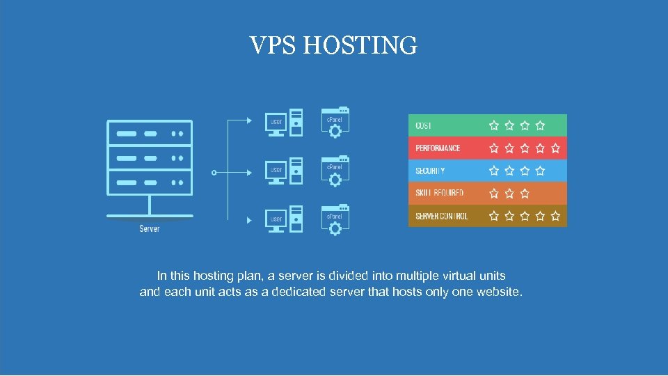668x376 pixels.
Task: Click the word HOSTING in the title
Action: pyautogui.click(x=360, y=46)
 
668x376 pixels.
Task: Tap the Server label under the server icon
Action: pyautogui.click(x=150, y=228)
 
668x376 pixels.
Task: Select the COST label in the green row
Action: pyautogui.click(x=423, y=125)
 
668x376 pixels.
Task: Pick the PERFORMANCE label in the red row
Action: pyautogui.click(x=438, y=148)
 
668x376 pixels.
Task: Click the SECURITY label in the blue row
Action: pyautogui.click(x=430, y=171)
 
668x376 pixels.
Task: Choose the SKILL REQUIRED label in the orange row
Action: pyautogui.click(x=439, y=193)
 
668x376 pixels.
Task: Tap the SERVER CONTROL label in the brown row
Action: pyautogui.click(x=442, y=216)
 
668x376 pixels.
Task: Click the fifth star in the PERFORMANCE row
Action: pyautogui.click(x=555, y=148)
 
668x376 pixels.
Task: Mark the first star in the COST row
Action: pyautogui.click(x=494, y=125)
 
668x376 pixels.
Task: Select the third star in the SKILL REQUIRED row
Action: pyautogui.click(x=525, y=193)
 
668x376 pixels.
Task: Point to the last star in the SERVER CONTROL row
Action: pyautogui.click(x=555, y=216)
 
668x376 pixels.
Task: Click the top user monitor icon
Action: pyautogui.click(x=276, y=123)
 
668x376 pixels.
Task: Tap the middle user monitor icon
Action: pyautogui.click(x=276, y=171)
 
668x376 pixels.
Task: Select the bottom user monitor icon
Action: pyautogui.click(x=276, y=220)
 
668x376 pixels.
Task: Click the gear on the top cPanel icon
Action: pyautogui.click(x=335, y=131)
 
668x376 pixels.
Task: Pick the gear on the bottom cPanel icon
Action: pyautogui.click(x=335, y=228)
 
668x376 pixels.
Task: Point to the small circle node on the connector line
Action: pyautogui.click(x=214, y=172)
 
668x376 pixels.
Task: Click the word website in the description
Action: pyautogui.click(x=498, y=292)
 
